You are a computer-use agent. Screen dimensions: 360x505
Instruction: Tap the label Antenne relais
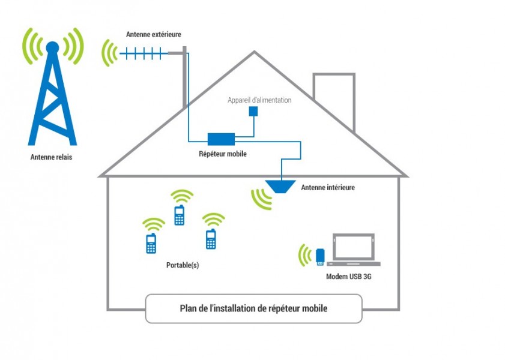tap(53, 158)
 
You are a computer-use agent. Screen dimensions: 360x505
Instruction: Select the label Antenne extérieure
tap(153, 35)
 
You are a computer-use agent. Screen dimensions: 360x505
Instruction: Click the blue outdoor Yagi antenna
tap(144, 53)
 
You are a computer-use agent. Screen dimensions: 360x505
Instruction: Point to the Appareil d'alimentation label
tap(259, 100)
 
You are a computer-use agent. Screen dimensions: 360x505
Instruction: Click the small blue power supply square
tap(253, 111)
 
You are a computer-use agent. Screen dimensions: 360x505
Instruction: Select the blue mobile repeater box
tap(221, 139)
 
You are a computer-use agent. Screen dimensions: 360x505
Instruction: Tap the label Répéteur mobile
tap(222, 154)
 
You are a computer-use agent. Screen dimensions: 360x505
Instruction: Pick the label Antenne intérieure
tap(327, 188)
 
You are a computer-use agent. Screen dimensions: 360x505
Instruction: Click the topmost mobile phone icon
tap(179, 215)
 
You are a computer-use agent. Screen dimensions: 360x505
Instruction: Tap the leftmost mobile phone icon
tap(151, 244)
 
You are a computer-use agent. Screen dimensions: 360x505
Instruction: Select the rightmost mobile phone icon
tap(210, 239)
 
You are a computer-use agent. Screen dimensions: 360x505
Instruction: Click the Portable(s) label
tap(182, 265)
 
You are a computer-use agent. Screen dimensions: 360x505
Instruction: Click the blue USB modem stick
tap(321, 257)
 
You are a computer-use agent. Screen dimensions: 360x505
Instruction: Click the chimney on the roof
tap(334, 99)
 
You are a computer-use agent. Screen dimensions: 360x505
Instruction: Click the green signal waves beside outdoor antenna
tap(109, 53)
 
